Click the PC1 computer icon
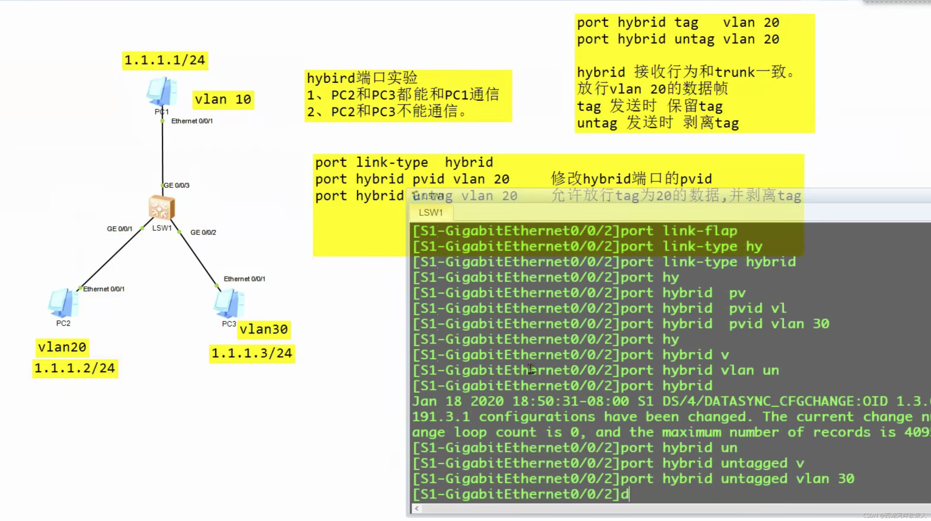point(162,91)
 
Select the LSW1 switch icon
point(162,208)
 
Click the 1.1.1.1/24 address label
point(165,60)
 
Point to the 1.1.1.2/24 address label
point(75,368)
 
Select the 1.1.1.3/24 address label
point(252,353)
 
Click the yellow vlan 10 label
point(223,99)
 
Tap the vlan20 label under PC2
point(62,347)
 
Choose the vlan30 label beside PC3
point(264,329)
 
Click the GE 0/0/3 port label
point(177,185)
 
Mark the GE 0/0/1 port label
point(120,229)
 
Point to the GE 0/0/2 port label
point(203,233)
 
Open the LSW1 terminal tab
point(430,213)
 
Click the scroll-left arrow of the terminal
point(417,508)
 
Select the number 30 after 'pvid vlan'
point(821,324)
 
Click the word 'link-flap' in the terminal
point(700,231)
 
